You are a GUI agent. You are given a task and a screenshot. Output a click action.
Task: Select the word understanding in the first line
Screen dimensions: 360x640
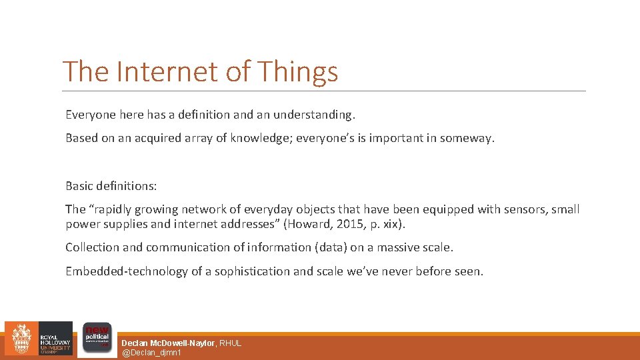(x=315, y=115)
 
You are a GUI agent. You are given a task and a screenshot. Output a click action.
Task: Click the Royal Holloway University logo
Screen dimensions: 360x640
(x=39, y=339)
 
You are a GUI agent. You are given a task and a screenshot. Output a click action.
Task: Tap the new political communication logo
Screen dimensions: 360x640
(x=96, y=339)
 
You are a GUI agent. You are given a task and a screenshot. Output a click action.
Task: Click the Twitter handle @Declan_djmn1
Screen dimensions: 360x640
(x=151, y=353)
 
